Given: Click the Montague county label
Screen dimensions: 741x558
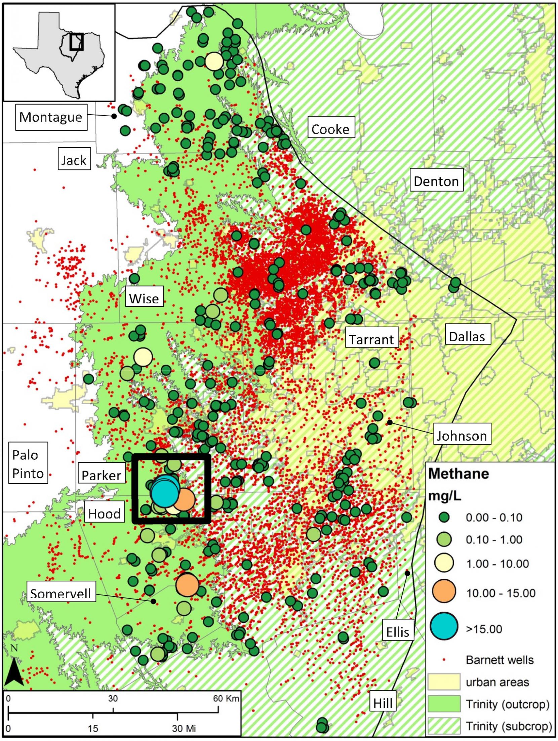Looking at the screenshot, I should coord(51,117).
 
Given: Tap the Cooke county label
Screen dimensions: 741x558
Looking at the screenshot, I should coord(330,129).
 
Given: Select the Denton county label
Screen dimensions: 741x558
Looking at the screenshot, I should coord(436,181).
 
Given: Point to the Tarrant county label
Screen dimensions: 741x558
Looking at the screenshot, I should coord(371,339).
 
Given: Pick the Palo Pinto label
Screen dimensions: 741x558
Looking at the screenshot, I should coord(28,464).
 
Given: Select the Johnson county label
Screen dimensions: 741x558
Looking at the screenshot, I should coord(462,436).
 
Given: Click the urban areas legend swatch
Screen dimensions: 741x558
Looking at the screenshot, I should coord(444,682).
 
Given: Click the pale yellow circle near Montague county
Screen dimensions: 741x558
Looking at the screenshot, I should coord(214,61).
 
